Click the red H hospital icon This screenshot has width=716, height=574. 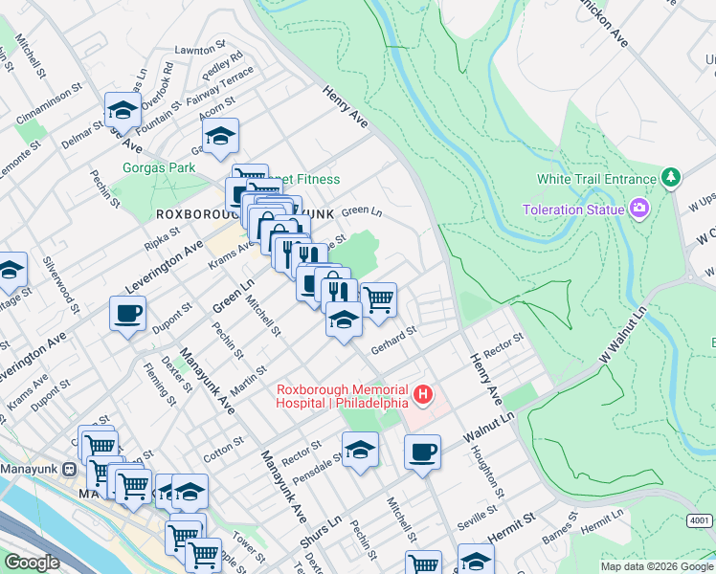click(422, 394)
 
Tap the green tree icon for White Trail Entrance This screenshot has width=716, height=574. click(671, 178)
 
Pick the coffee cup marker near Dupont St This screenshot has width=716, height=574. click(127, 313)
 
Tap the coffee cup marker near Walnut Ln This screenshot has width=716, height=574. click(421, 452)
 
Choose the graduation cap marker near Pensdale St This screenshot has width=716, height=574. click(360, 449)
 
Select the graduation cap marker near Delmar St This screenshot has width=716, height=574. click(123, 110)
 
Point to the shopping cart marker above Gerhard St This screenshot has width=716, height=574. click(379, 299)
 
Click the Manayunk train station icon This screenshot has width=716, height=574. click(68, 469)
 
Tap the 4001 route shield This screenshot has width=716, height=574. click(701, 519)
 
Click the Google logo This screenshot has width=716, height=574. click(32, 563)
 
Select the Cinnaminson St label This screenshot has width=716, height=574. click(66, 96)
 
